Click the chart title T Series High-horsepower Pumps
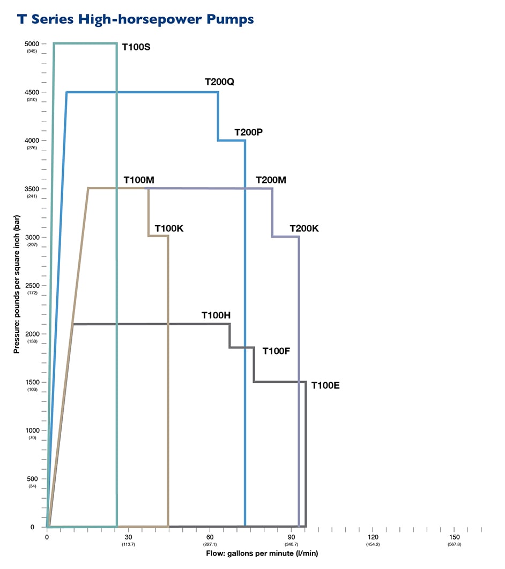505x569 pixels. [x=135, y=19]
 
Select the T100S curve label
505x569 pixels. [x=136, y=47]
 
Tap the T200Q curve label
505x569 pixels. [x=220, y=82]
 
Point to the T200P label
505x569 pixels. [x=248, y=132]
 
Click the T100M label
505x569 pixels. [x=139, y=180]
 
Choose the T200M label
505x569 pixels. [x=271, y=180]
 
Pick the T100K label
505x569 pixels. [x=169, y=228]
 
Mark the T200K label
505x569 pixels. [x=305, y=228]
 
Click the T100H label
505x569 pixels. [x=216, y=315]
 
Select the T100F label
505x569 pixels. [x=276, y=351]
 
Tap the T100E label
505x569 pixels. [x=326, y=385]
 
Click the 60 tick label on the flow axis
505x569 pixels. [x=210, y=537]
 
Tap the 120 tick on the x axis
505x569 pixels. [x=373, y=537]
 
